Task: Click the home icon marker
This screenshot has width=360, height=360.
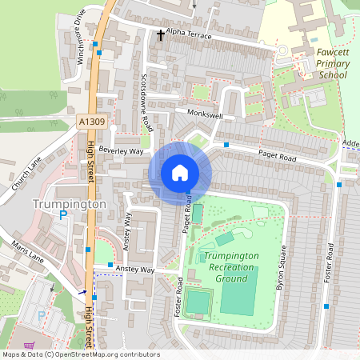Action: (180, 172)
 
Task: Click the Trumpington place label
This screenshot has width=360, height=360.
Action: (70, 204)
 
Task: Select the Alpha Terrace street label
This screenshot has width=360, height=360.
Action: (188, 34)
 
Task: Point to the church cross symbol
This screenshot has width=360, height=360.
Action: (161, 35)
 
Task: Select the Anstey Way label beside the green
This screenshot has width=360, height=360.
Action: (134, 270)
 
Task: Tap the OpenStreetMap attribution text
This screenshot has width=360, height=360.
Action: (80, 354)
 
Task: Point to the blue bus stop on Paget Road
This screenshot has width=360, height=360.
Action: (227, 145)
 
